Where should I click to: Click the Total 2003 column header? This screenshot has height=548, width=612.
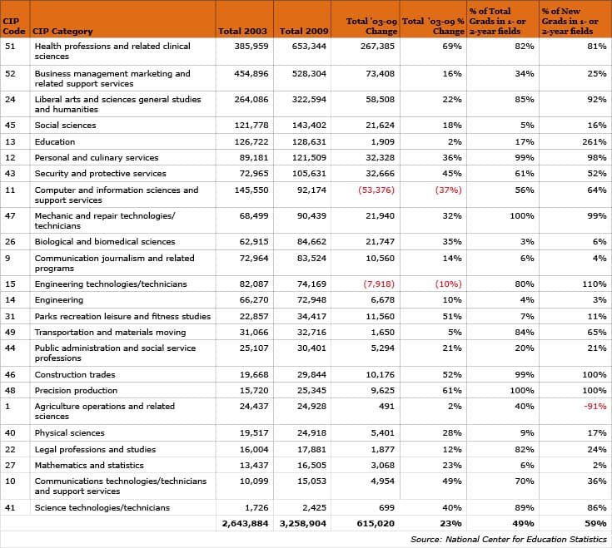click(x=242, y=31)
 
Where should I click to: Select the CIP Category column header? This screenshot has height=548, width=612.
click(x=62, y=31)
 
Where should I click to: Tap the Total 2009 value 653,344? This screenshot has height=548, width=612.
click(x=309, y=46)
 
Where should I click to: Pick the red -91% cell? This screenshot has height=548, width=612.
click(x=595, y=406)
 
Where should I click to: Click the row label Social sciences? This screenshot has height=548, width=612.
click(x=65, y=125)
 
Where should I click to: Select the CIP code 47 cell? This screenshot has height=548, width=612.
click(x=10, y=216)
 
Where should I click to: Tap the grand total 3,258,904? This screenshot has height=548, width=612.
click(x=302, y=523)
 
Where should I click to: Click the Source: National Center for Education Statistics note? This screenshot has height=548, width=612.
click(x=509, y=540)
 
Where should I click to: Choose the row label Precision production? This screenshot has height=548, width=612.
click(x=76, y=391)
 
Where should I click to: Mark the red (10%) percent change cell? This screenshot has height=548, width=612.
click(x=449, y=284)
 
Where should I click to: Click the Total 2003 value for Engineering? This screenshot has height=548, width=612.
click(x=254, y=300)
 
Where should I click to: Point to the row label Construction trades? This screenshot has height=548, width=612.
click(x=75, y=374)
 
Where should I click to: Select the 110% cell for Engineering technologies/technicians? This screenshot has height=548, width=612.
click(x=594, y=284)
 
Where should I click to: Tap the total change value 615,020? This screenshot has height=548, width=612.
click(x=376, y=523)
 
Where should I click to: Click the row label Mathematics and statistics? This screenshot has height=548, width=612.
click(x=89, y=466)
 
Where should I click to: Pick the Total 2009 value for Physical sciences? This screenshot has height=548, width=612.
click(x=311, y=433)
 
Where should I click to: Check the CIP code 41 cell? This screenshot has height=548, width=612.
click(x=10, y=508)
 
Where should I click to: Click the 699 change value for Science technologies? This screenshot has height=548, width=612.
click(x=387, y=508)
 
